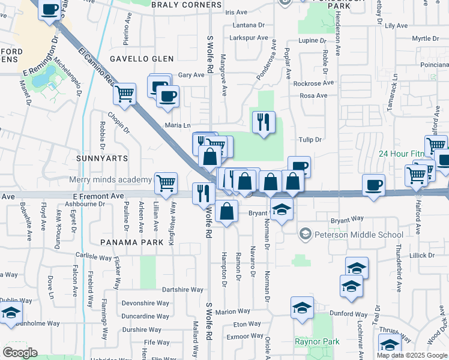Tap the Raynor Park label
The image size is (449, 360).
tap(317, 342)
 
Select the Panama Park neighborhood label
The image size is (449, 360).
tap(132, 242)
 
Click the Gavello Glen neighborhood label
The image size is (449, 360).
tap(142, 59)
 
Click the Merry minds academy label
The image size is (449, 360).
tap(110, 180)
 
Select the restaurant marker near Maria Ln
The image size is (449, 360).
tap(264, 122)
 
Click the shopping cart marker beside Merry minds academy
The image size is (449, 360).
tap(166, 183)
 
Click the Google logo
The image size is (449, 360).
tap(20, 353)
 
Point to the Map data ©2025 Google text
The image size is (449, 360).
tap(412, 355)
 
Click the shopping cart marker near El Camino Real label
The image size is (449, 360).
tap(124, 94)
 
